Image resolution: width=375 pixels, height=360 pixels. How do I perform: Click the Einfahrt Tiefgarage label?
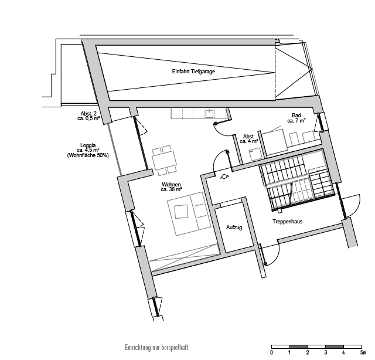coord(193,72)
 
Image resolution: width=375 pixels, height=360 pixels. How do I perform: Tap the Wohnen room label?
coord(171,185)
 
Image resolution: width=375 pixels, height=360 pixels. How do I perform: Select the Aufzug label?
coord(234,227)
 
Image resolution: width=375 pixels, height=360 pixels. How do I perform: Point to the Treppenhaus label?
coord(288,222)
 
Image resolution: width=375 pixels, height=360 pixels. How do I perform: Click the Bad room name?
coord(296,116)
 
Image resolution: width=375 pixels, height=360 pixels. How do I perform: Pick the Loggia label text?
coord(88,145)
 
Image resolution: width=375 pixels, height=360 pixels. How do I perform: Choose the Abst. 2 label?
coord(88,114)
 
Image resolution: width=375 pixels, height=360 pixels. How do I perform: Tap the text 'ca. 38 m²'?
coord(172,189)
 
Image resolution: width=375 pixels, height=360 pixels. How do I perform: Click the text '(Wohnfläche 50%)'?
coord(88,155)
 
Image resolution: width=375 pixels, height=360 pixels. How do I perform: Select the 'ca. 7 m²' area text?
coord(296,120)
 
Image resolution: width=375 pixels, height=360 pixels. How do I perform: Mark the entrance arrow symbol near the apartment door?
coord(224,176)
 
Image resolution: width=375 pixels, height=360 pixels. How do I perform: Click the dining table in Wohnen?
coord(165,160)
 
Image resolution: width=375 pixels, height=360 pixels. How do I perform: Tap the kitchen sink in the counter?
coord(210,113)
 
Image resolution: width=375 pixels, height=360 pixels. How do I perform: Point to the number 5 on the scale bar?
coord(363,352)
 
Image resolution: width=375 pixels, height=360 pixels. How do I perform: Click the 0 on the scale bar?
coord(271,352)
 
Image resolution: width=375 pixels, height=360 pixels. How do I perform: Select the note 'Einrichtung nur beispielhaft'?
coord(156,347)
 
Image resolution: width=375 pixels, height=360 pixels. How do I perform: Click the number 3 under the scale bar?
coord(326,352)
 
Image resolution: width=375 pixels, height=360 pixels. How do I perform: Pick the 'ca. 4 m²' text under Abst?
coord(249,141)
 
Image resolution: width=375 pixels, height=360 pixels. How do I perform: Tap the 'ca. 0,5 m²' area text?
coord(88,118)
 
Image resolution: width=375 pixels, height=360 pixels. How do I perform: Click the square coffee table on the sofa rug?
coord(181,212)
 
